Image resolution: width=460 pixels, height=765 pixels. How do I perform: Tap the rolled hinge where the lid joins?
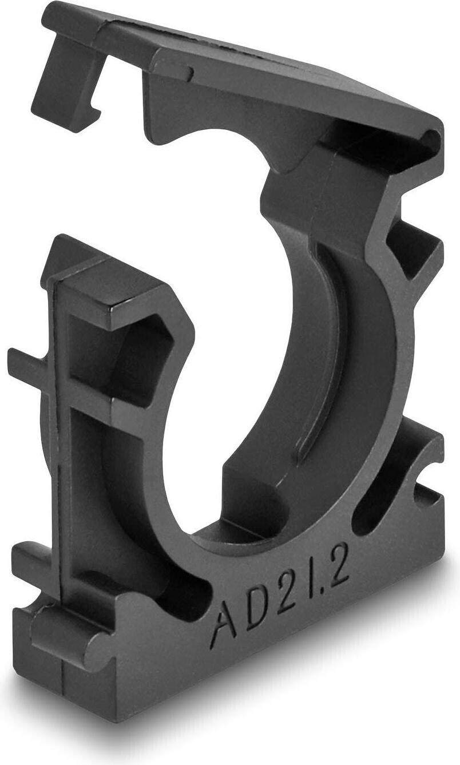click(x=433, y=137)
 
